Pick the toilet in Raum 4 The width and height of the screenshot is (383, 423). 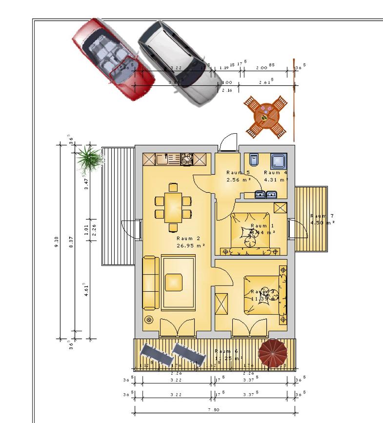[x=253, y=161]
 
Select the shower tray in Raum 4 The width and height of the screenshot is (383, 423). [x=279, y=161]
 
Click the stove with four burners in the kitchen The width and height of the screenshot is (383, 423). [x=187, y=158]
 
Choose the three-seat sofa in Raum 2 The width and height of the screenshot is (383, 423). [x=151, y=282]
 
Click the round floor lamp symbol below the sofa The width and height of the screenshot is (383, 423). [x=149, y=320]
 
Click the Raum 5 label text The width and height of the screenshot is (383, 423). [x=238, y=173]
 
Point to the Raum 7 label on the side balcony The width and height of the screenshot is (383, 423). [x=322, y=216]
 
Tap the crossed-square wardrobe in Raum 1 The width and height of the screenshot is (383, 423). [x=280, y=207]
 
